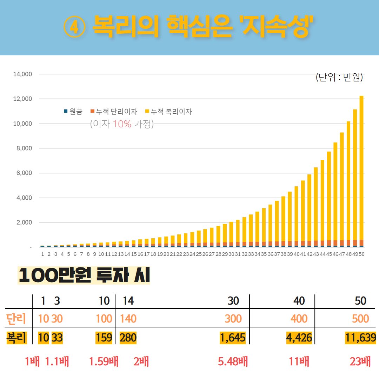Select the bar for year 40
[x=296, y=216]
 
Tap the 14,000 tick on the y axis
[x=22, y=74]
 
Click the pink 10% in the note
[x=122, y=124]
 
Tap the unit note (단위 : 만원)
[x=339, y=78]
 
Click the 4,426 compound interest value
[x=298, y=338]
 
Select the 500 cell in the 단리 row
[x=360, y=319]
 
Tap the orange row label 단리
[x=16, y=319]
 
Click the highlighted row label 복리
[x=16, y=338]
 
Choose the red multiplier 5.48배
[x=233, y=362]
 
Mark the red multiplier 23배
[x=360, y=362]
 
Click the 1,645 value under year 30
[x=232, y=338]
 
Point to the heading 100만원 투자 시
[x=84, y=276]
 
